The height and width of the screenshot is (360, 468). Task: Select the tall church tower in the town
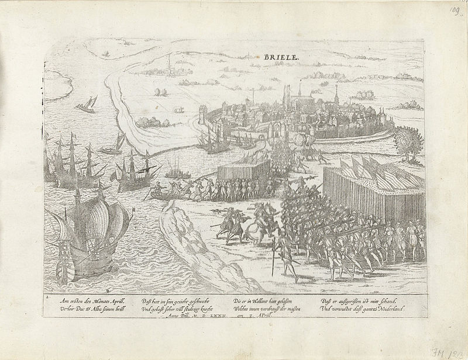pyautogui.click(x=287, y=96)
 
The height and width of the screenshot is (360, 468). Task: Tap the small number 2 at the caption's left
pyautogui.click(x=46, y=297)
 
